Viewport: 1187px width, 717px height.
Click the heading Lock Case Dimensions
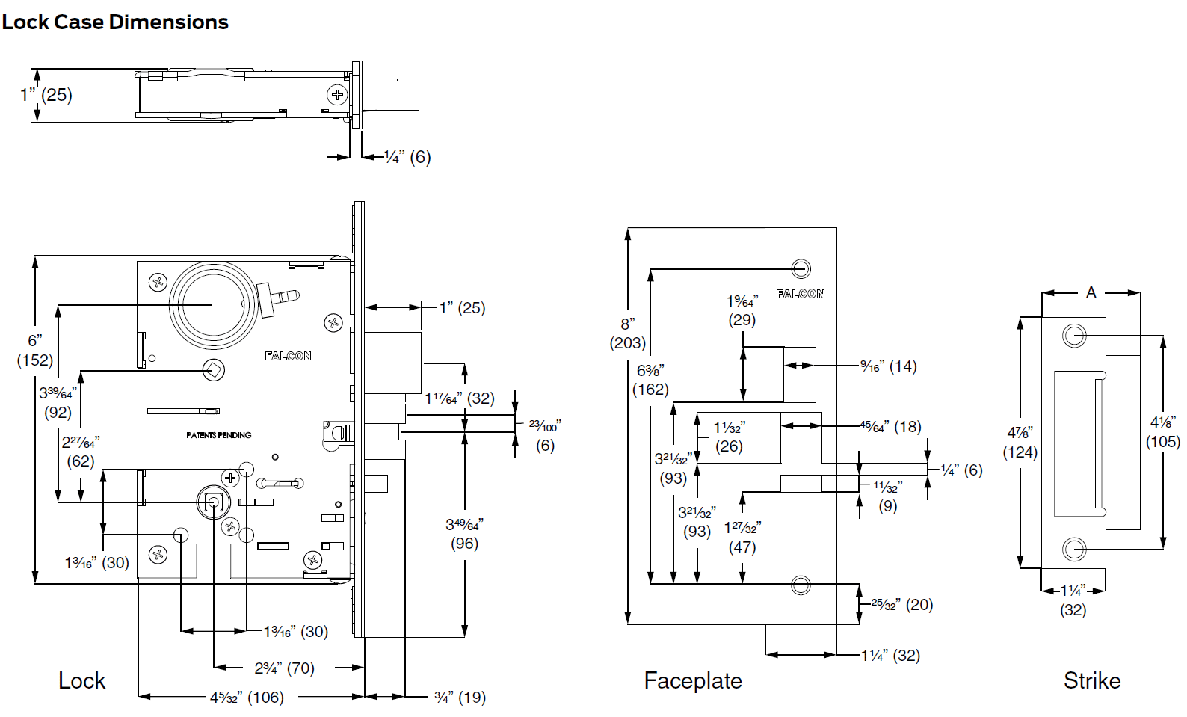point(115,22)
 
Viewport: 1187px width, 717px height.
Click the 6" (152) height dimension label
point(35,351)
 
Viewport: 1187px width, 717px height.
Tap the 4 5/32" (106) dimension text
point(247,698)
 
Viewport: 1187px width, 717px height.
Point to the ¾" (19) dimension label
point(460,698)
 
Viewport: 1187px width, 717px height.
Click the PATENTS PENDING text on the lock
point(219,435)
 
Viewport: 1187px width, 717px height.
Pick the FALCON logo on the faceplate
point(800,294)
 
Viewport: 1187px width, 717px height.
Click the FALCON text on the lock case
point(288,356)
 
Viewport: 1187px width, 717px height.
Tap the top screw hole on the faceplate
point(801,268)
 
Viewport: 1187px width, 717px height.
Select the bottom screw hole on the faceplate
point(801,585)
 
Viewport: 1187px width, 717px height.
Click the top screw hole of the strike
point(1074,335)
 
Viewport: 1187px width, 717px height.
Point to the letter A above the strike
point(1091,292)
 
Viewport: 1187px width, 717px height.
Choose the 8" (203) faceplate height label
point(628,333)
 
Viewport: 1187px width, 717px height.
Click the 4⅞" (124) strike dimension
point(1020,443)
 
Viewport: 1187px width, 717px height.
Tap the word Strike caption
point(1091,681)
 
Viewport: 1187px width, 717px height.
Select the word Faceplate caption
point(693,681)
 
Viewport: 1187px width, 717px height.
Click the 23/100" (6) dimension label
point(545,435)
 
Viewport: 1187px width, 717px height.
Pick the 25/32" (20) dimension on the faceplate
point(902,604)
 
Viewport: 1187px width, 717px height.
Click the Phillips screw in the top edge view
point(338,94)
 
